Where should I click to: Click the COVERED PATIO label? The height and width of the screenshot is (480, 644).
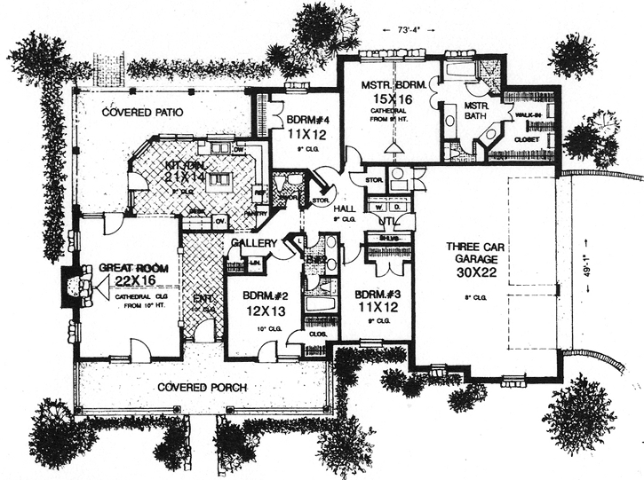pos(141,113)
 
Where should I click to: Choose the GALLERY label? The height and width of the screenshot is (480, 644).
pos(252,243)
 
